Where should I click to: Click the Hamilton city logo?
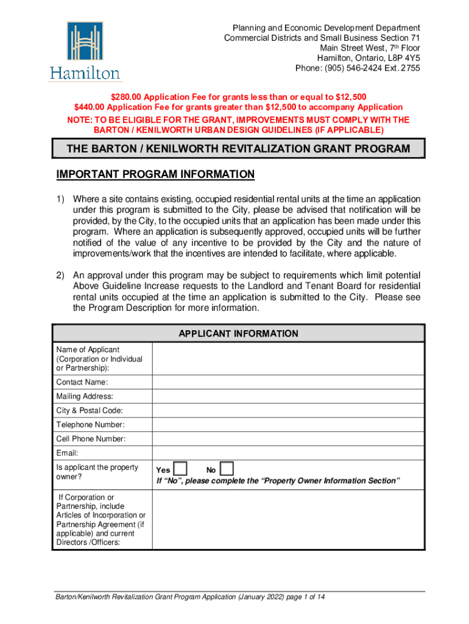[x=85, y=51]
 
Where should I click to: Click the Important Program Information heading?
[x=155, y=175]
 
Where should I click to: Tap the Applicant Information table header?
[x=238, y=333]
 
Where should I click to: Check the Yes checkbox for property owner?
[x=181, y=469]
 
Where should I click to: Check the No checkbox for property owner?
[x=226, y=469]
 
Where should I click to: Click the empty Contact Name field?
[x=287, y=382]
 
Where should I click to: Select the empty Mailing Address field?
[x=287, y=396]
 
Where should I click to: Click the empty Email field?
[x=287, y=453]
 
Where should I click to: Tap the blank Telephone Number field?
[x=287, y=424]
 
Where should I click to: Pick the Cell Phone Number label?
[x=91, y=439]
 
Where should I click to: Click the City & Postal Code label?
[x=89, y=410]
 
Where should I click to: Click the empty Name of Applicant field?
[x=287, y=358]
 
